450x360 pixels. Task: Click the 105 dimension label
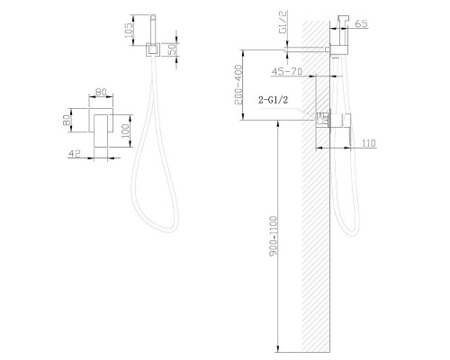point(129,30)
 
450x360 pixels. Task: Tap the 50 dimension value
point(172,49)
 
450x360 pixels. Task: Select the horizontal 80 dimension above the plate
point(101,92)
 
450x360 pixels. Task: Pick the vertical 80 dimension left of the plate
point(67,120)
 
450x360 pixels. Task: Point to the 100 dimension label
point(126,130)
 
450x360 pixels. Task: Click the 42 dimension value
point(75,153)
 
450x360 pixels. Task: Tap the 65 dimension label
point(361,23)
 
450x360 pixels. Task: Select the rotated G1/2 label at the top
point(283,22)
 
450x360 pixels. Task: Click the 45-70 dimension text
point(287,71)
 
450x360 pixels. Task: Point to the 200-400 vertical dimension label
point(238,85)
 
